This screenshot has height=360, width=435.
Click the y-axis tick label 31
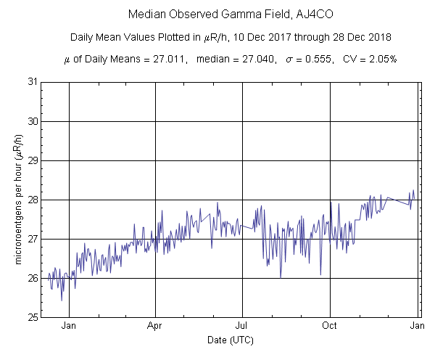pyautogui.click(x=32, y=82)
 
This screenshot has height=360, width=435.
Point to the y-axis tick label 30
pyautogui.click(x=32, y=121)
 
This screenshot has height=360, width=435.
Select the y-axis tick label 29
pyautogui.click(x=32, y=160)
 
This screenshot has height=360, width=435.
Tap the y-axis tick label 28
pyautogui.click(x=32, y=200)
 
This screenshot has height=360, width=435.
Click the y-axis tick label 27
pyautogui.click(x=32, y=239)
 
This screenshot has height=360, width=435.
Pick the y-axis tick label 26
pyautogui.click(x=32, y=278)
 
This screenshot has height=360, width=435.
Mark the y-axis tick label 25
pyautogui.click(x=32, y=317)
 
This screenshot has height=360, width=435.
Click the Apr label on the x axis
pyautogui.click(x=156, y=327)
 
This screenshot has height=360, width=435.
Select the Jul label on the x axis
pyautogui.click(x=243, y=327)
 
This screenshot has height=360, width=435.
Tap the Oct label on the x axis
pyautogui.click(x=330, y=327)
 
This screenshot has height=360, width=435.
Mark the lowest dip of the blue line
pyautogui.click(x=62, y=300)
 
